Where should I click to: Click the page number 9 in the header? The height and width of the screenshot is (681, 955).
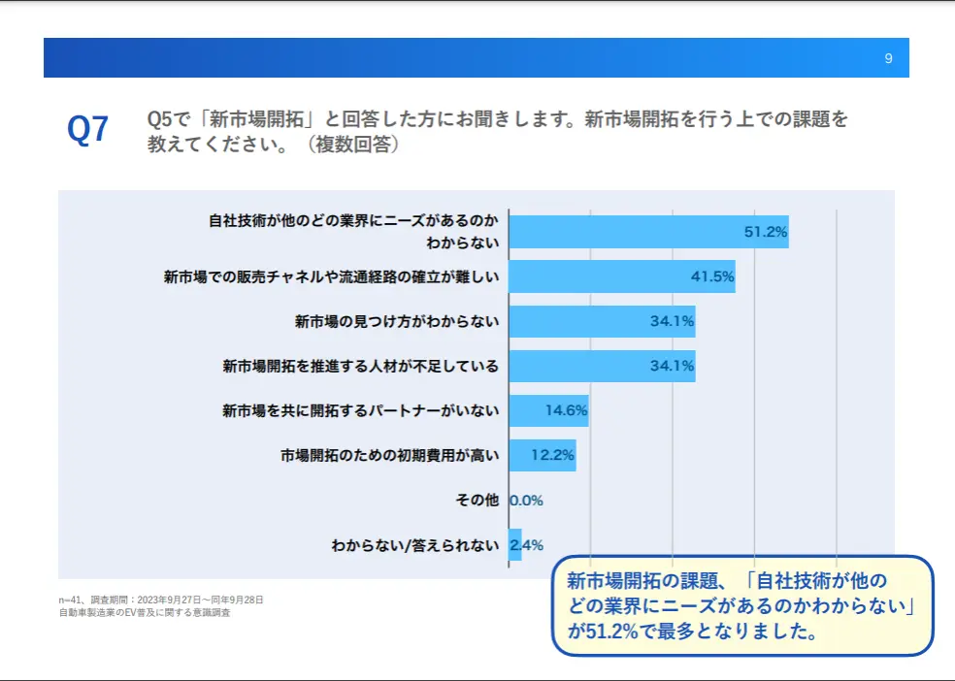(x=888, y=58)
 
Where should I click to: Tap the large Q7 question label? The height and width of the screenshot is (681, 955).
(x=87, y=129)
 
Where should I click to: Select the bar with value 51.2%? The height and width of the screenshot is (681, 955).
(x=649, y=232)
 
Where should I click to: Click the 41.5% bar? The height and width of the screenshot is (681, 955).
(x=622, y=276)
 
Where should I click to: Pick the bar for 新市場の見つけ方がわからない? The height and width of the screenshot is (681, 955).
(x=603, y=321)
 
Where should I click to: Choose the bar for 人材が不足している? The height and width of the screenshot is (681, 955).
(x=603, y=366)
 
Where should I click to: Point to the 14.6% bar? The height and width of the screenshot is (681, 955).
(x=548, y=410)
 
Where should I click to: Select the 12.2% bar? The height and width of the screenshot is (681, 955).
(x=543, y=455)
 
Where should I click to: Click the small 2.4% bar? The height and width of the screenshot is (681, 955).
(x=515, y=544)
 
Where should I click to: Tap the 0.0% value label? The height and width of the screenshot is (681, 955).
(x=526, y=501)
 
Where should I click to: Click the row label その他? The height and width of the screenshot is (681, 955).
(x=477, y=501)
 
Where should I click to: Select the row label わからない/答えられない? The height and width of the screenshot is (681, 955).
(x=415, y=545)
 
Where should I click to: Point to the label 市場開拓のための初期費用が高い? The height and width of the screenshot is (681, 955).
(x=390, y=455)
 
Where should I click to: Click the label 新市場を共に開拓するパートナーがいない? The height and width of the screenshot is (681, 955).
(x=361, y=410)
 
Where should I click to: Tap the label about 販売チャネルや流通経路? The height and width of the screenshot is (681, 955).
(x=331, y=276)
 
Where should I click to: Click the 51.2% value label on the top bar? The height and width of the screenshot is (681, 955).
(x=766, y=232)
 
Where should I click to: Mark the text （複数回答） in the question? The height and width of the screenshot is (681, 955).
(x=353, y=145)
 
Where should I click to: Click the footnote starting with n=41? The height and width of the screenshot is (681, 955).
(x=161, y=600)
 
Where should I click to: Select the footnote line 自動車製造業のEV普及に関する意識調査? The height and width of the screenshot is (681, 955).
(x=145, y=613)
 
